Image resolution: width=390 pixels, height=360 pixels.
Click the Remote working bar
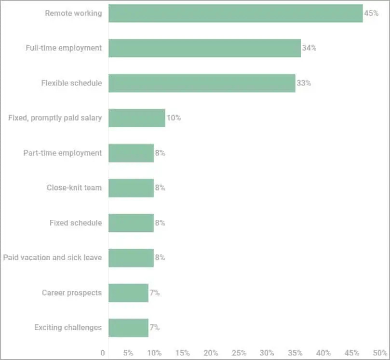(x=235, y=13)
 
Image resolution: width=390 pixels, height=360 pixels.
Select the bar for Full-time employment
(x=204, y=48)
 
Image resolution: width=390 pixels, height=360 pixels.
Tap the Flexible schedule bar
(x=202, y=83)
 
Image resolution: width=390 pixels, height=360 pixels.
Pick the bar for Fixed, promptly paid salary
(x=136, y=118)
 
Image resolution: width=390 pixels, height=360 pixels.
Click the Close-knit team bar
(x=131, y=188)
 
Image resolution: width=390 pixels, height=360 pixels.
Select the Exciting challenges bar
(x=128, y=328)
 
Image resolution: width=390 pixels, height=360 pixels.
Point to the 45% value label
(x=371, y=13)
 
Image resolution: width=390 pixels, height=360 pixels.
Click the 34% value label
(x=309, y=48)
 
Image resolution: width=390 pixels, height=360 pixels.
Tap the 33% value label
(x=304, y=83)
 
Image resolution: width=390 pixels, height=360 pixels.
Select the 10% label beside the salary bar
(x=174, y=118)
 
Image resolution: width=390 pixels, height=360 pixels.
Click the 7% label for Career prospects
(x=154, y=293)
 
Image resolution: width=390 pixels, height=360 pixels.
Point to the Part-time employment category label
(x=63, y=153)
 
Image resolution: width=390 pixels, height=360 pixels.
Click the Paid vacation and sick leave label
(x=53, y=257)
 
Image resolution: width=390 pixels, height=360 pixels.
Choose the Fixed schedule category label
(x=76, y=223)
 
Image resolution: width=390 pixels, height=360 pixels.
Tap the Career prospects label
(x=72, y=293)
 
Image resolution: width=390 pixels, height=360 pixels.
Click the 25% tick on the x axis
(x=239, y=353)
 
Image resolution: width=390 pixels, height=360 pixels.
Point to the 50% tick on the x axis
(x=380, y=353)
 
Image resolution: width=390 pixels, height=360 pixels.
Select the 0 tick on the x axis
(x=103, y=353)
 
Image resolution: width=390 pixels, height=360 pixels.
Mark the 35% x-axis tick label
(x=296, y=353)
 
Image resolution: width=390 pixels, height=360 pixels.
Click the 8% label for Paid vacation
(x=160, y=257)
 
